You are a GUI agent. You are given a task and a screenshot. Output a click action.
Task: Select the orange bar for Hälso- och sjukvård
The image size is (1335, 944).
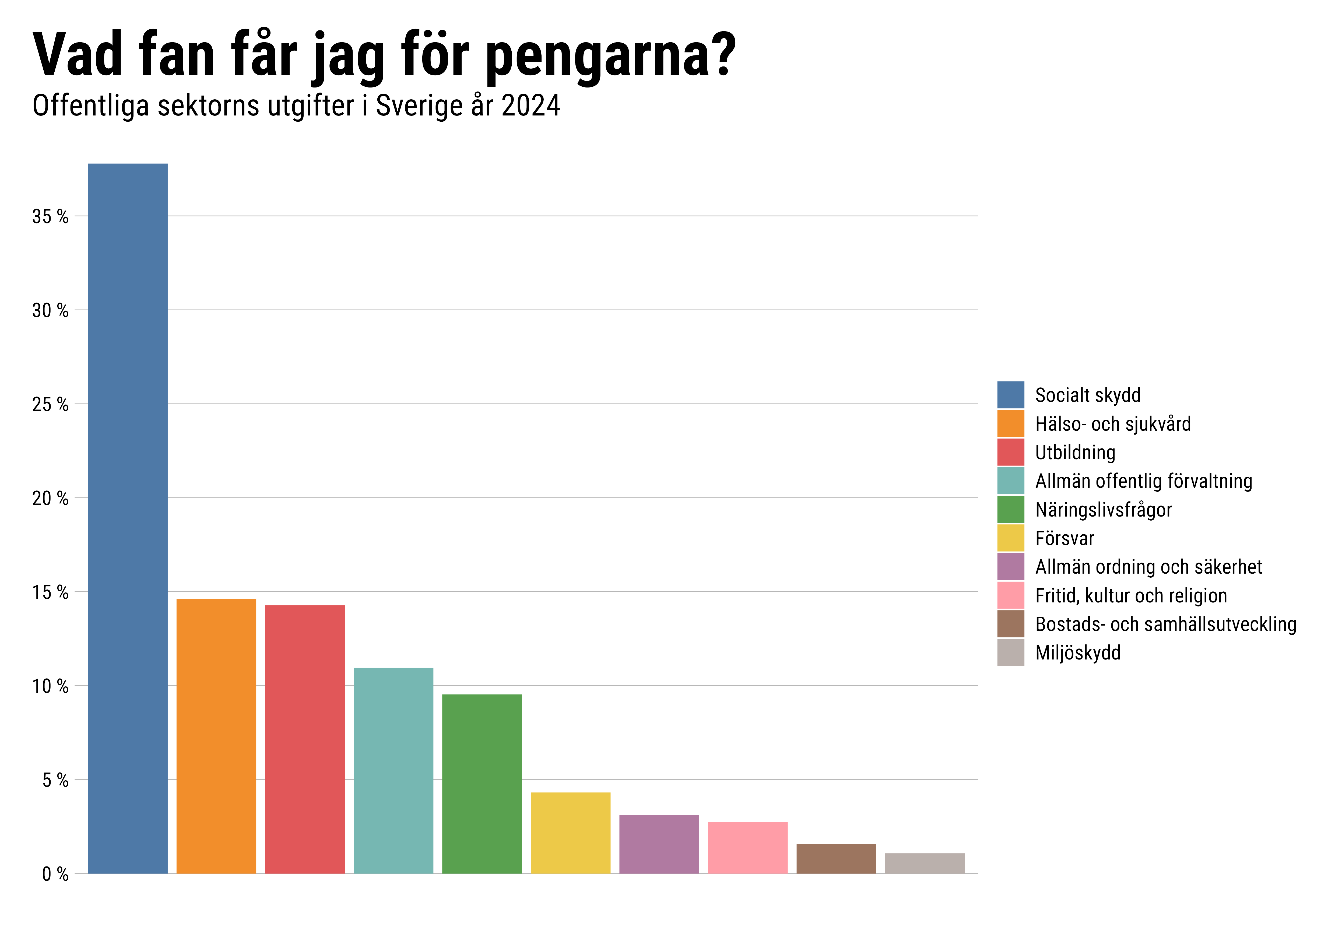point(216,736)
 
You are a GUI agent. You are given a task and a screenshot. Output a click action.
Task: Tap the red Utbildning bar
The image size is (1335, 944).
point(305,739)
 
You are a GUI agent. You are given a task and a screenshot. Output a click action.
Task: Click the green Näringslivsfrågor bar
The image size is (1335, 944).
point(482,784)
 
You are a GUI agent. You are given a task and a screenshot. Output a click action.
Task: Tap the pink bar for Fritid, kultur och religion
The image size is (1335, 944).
point(748,847)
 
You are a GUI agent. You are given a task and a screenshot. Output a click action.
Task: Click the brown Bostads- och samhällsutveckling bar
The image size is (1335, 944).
point(836,858)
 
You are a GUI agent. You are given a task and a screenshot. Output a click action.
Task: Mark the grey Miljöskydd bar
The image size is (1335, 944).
point(925,863)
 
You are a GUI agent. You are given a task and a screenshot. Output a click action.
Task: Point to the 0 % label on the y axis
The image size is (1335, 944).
point(55,874)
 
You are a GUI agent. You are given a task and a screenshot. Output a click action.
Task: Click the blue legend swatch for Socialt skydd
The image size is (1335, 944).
point(1011,395)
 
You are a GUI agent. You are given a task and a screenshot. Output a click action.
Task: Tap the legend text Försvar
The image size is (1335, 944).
point(1064,539)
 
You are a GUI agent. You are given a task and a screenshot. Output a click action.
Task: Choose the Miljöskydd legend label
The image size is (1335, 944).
point(1077,652)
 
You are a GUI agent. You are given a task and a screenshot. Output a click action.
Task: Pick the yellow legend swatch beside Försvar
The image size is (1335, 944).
point(1011,538)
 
